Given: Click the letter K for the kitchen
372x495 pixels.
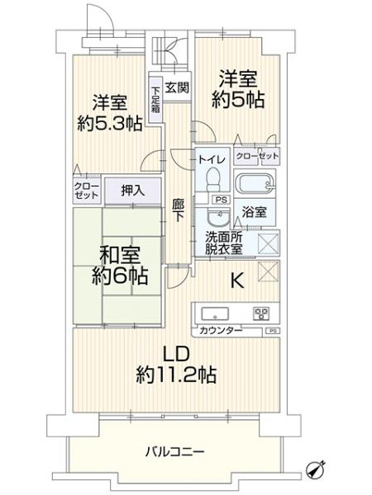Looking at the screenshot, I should click(x=236, y=281).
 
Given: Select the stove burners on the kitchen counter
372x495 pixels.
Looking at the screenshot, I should click(x=261, y=313).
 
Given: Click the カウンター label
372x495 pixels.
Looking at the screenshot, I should click(x=220, y=330).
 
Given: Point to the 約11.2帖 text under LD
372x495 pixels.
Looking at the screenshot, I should click(x=176, y=375).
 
